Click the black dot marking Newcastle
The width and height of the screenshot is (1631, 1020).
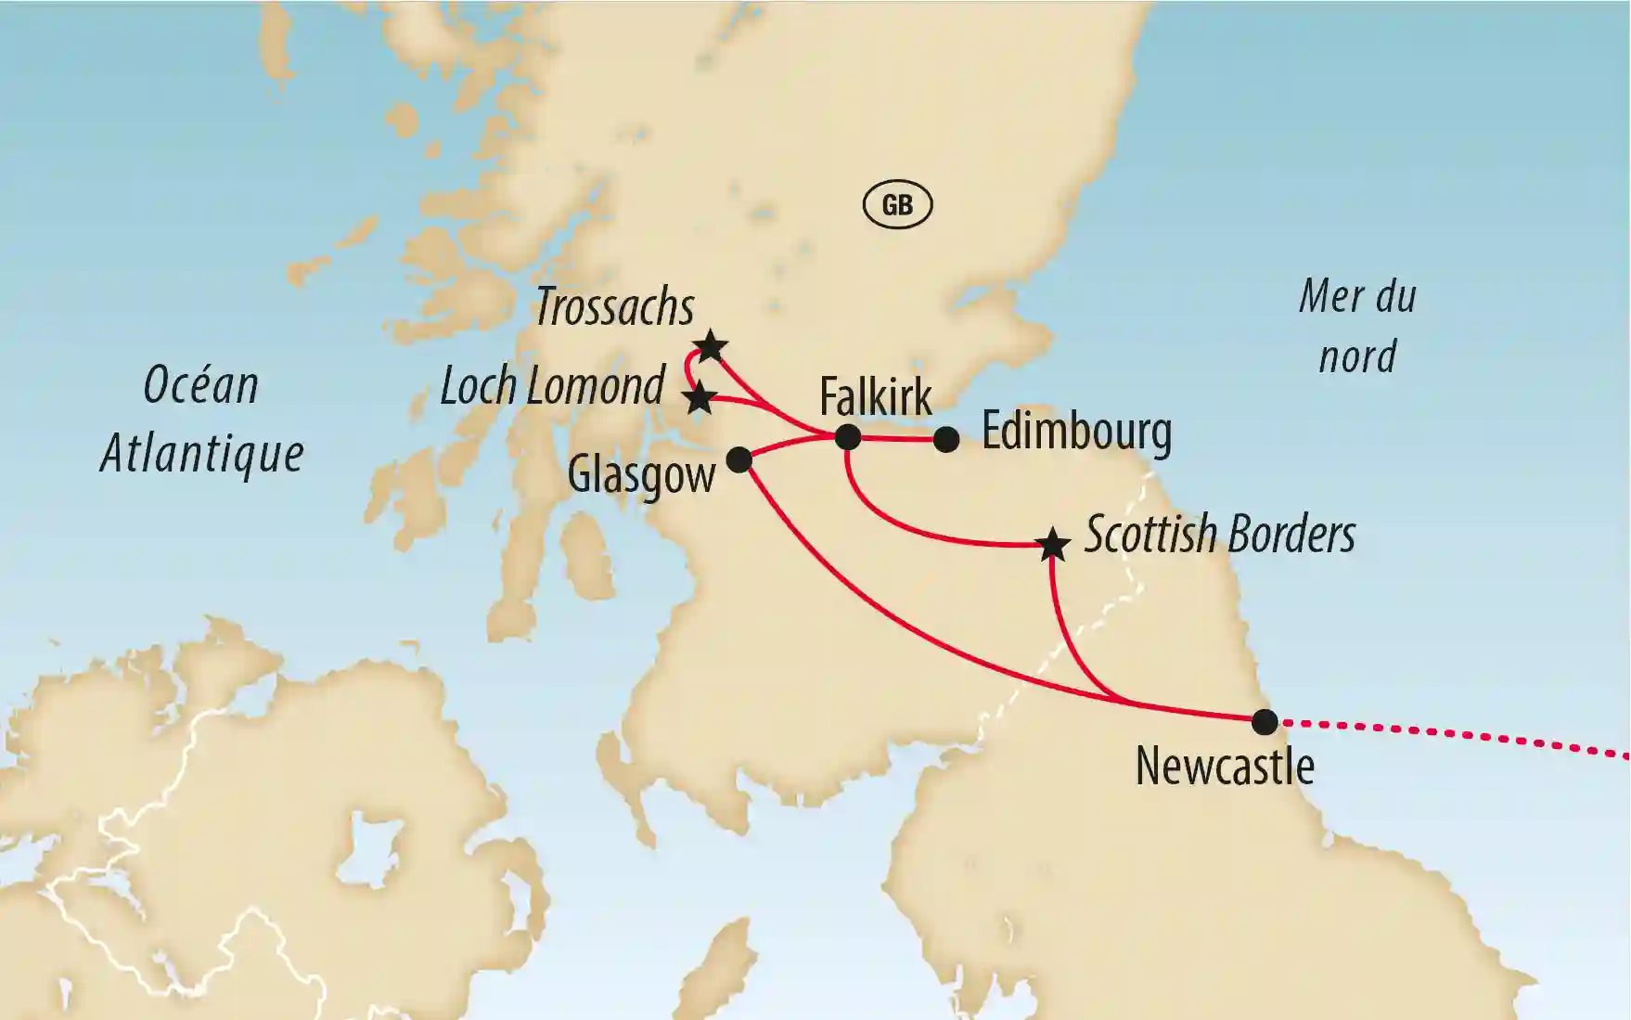1265,721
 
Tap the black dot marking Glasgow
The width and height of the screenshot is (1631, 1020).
738,459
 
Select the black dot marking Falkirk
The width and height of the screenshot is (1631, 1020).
848,437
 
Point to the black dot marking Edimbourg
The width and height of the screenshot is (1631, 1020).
945,439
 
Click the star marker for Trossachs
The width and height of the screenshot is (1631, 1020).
710,347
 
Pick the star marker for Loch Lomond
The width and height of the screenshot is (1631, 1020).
699,399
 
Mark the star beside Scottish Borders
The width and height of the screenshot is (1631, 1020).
1052,545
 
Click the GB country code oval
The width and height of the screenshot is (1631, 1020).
897,204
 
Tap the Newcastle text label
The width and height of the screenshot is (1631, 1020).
1225,767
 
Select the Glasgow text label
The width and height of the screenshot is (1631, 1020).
641,474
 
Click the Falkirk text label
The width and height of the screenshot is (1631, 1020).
875,397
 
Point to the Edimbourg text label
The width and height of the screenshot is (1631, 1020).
1076,432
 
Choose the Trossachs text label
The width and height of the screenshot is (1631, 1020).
614,306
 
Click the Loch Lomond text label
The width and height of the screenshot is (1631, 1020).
552,385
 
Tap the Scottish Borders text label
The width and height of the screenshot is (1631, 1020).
1220,535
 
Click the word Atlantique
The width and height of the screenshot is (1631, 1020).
202,454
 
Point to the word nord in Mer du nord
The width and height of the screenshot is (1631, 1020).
1357,356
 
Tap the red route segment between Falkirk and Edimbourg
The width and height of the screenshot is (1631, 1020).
897,439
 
